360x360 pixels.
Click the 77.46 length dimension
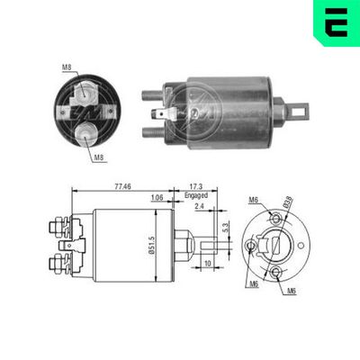point(123,186)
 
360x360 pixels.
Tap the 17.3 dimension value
point(196,186)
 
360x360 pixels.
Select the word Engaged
point(196,195)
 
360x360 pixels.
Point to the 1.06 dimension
point(157,197)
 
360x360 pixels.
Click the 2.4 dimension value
point(200,206)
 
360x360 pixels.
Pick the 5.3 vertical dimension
point(226,227)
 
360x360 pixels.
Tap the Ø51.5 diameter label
point(151,246)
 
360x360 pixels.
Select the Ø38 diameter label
point(288,202)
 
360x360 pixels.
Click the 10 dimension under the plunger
point(208,263)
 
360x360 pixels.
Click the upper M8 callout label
point(67,67)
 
